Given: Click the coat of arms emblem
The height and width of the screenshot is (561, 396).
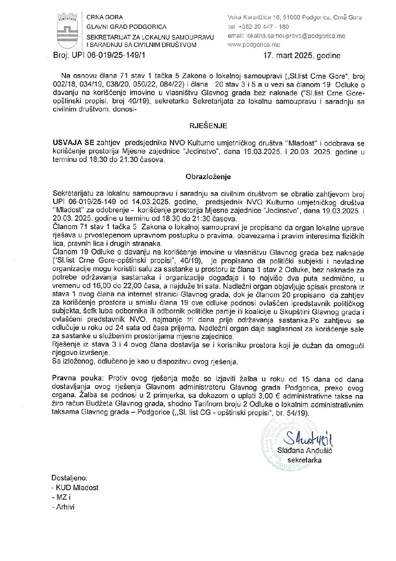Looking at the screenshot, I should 67,30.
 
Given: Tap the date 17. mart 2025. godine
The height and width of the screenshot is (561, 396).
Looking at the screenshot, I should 302,56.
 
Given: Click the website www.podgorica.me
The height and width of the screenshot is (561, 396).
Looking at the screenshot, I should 253,45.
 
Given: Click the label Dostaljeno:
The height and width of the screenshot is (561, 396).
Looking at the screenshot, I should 69,478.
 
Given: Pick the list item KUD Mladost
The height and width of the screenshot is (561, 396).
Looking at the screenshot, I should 76,488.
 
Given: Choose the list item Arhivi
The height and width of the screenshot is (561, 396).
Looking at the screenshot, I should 64,507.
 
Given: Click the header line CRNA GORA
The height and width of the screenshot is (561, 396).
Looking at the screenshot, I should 104,17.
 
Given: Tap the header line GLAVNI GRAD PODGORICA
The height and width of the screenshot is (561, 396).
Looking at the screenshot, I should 126,27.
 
